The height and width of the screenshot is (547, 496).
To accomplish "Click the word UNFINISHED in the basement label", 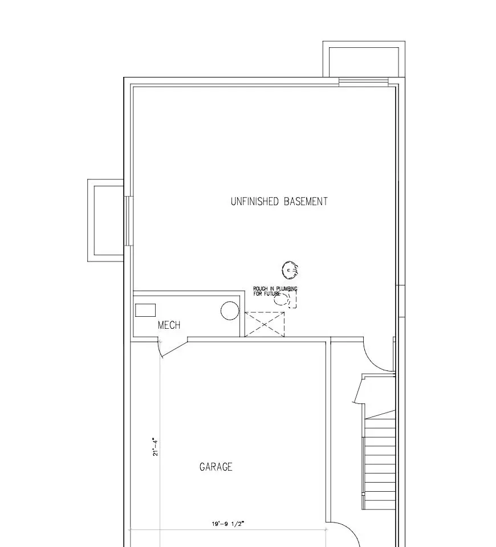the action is coord(254,201).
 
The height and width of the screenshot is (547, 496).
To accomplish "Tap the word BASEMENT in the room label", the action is coord(306,201).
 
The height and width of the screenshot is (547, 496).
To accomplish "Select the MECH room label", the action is coord(169,325).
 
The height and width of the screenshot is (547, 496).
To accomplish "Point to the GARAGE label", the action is coord(216,467).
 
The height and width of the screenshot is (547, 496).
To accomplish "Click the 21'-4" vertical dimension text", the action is coord(155,447).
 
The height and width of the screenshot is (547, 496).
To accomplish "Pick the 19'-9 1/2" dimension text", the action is coord(228,524).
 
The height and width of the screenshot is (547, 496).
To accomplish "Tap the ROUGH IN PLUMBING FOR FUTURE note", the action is coord(275,291).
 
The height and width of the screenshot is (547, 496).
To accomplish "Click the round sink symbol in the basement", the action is coord(290,270).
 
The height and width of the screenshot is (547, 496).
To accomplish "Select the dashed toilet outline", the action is coord(286,299).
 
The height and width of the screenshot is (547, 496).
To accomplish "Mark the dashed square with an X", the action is coord(264,324).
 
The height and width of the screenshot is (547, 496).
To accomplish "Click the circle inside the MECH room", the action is coord(230,311).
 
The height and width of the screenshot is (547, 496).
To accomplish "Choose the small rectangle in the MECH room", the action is coord(145,310).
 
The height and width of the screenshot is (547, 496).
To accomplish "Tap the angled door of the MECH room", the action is coord(173,350).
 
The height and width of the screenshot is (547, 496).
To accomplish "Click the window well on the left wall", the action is coord(91,221).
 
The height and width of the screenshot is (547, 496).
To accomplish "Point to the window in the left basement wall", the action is coord(129,221).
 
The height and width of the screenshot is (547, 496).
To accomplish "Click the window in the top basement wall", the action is coord(363,82).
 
